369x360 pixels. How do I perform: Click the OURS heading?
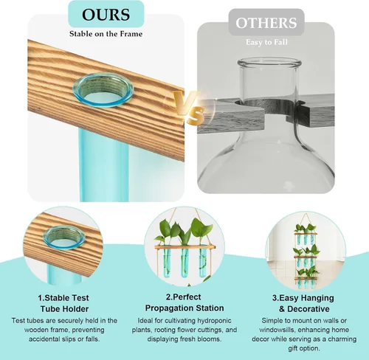[106, 15]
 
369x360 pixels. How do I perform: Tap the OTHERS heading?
[266, 23]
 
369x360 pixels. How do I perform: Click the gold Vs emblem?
[189, 106]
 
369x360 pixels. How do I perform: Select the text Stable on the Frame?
[106, 34]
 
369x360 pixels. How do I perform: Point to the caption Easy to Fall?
[266, 42]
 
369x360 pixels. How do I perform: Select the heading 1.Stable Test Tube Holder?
[64, 303]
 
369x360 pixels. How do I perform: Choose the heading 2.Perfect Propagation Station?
[184, 302]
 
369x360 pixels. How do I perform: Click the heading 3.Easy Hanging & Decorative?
[303, 303]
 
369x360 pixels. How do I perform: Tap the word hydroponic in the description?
[215, 321]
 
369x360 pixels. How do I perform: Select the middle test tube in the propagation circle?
[184, 262]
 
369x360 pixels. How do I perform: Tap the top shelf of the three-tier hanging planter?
[306, 234]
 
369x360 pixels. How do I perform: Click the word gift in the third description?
[293, 348]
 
